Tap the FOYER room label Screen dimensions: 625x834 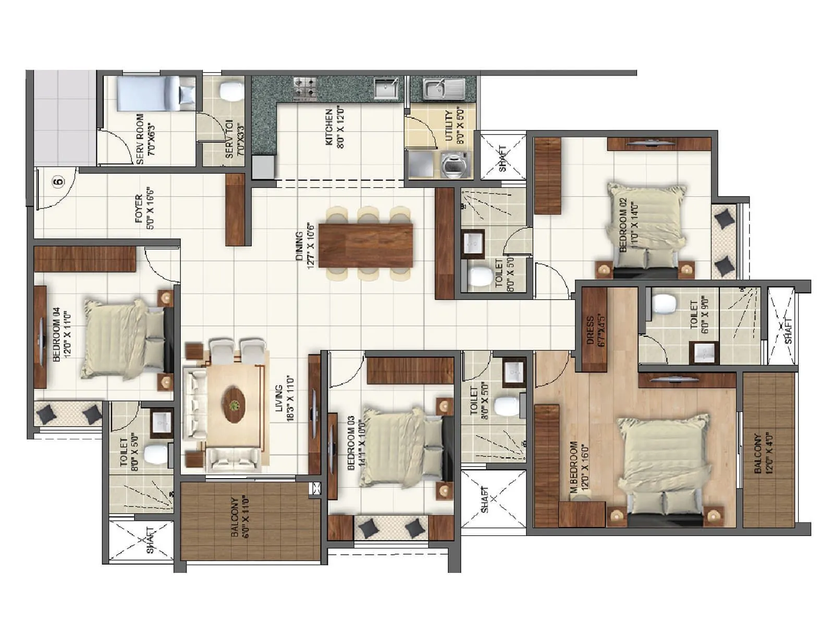(143, 208)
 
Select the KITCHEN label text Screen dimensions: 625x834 (334, 128)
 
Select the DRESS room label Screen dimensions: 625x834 (594, 331)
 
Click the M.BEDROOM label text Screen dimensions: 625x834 (578, 468)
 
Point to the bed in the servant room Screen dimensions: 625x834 (155, 94)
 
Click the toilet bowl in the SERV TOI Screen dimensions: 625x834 (230, 91)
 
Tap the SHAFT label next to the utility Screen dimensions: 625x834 (502, 158)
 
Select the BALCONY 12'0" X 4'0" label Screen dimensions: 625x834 (762, 453)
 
